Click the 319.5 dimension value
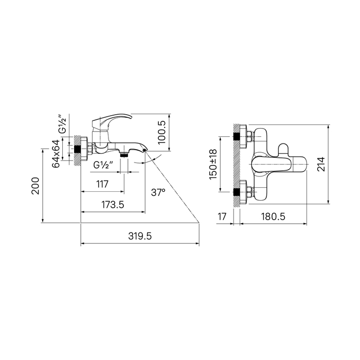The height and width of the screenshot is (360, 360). point(140,236)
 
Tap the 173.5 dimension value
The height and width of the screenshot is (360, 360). point(113,204)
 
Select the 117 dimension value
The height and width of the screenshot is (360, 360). point(102,184)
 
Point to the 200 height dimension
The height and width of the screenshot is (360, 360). point(35,186)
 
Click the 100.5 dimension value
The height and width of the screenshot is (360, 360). point(162,132)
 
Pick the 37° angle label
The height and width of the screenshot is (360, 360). point(158,192)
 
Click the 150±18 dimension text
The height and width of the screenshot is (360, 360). point(213,165)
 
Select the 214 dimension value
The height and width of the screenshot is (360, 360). point(321,164)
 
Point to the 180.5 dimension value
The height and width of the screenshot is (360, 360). point(273,217)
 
